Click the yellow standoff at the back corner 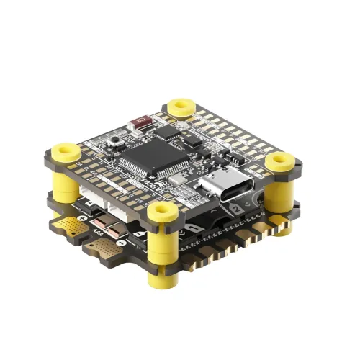tap(179, 109)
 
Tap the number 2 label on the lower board tap(235, 210)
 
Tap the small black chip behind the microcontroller tap(167, 132)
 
